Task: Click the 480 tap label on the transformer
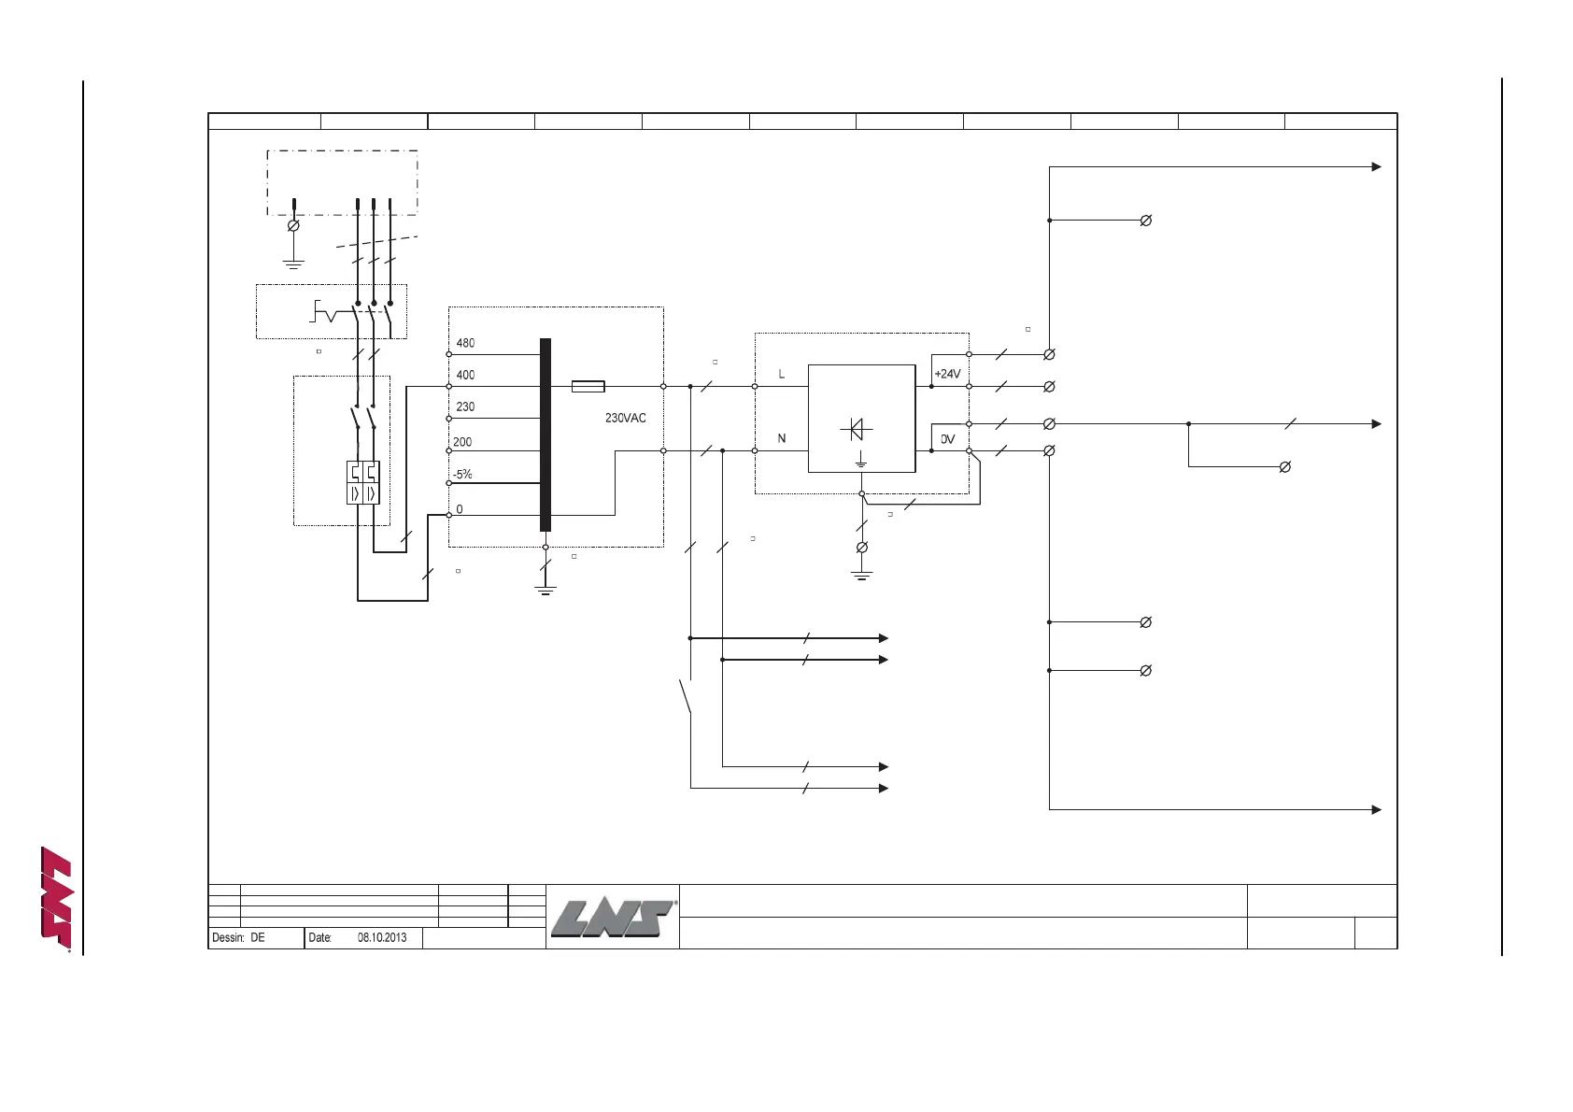(465, 343)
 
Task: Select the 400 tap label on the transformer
(465, 375)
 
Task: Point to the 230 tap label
(465, 406)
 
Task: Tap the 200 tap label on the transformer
(462, 442)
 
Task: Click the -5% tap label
(462, 475)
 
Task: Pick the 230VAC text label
(625, 418)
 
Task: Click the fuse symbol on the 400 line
(588, 386)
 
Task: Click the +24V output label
(947, 374)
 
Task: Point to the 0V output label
(947, 439)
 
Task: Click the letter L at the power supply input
(782, 374)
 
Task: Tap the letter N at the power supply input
(782, 438)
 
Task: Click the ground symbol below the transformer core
(546, 589)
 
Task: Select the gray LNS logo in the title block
(613, 918)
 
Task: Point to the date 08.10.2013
(382, 937)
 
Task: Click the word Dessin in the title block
(227, 937)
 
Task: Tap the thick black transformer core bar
(546, 435)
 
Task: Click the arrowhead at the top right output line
(1376, 167)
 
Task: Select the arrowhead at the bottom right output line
(1376, 809)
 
